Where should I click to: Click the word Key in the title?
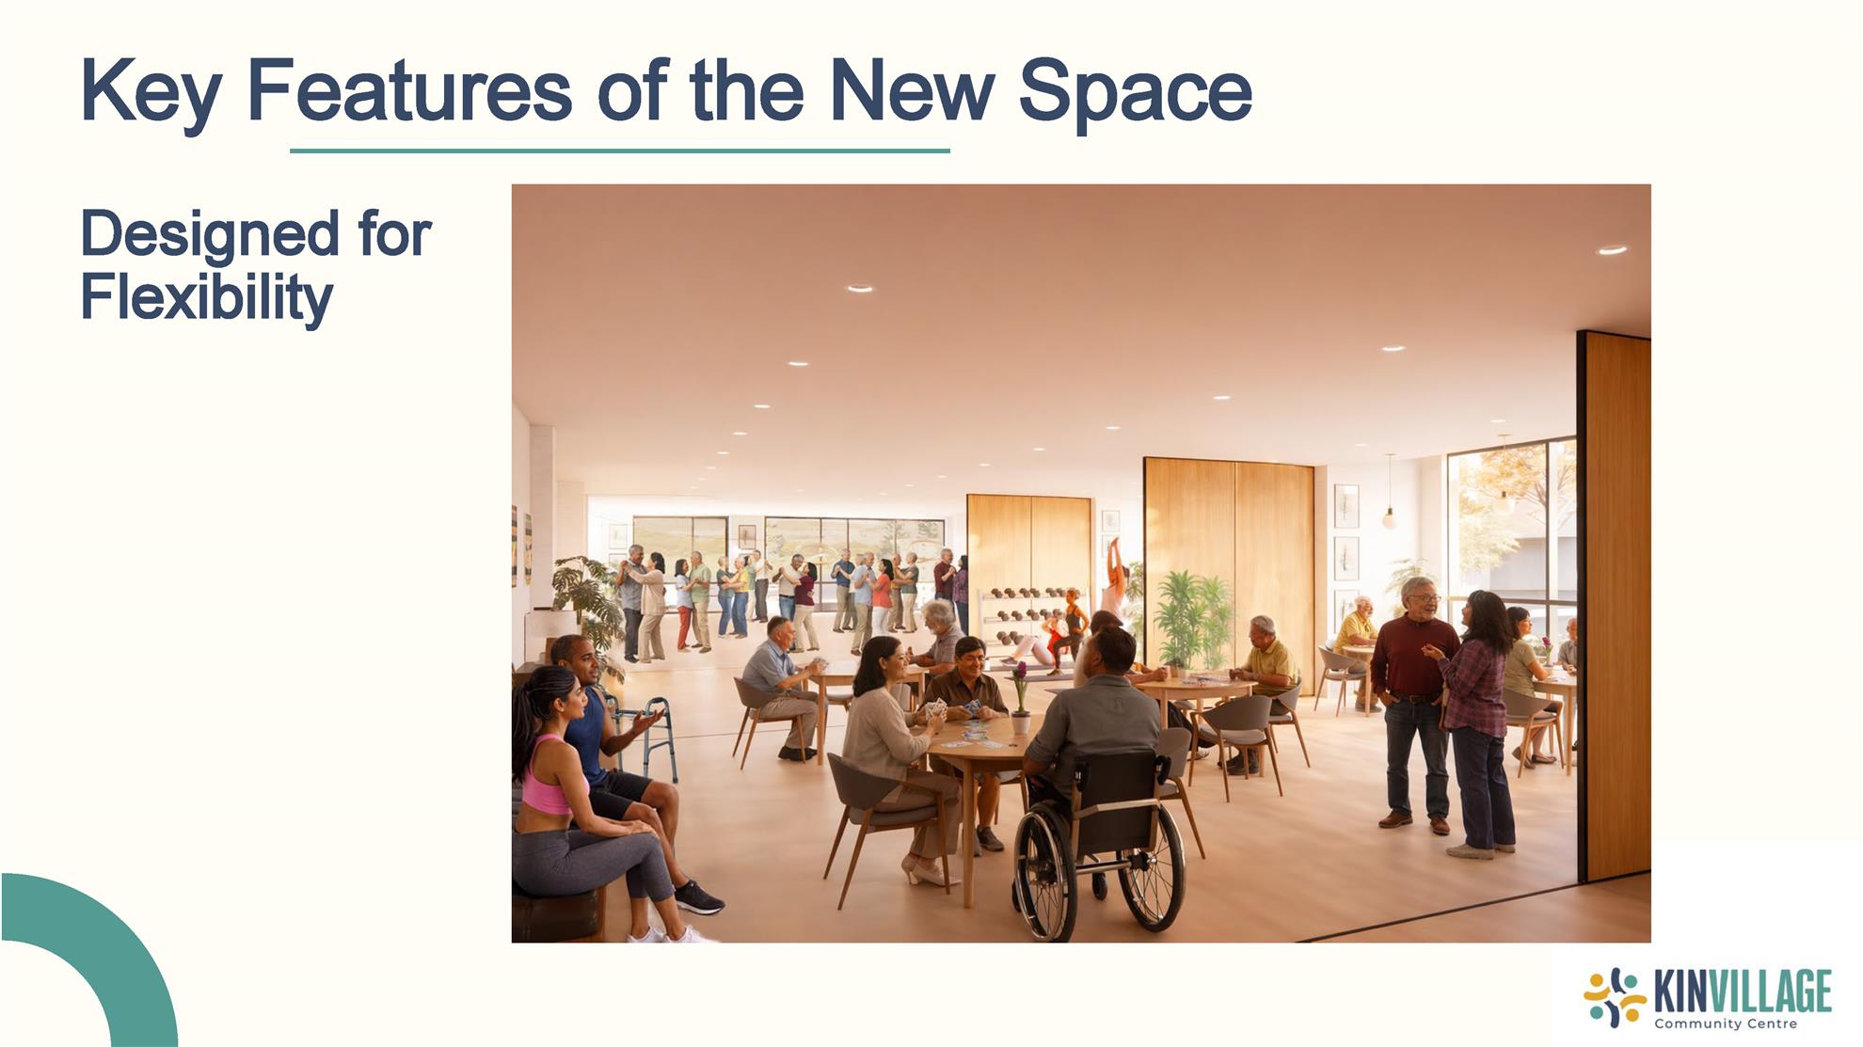click(x=151, y=92)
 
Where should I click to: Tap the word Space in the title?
click(x=1136, y=92)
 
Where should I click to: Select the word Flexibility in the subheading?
click(x=207, y=298)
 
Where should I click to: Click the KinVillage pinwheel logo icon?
click(x=1615, y=997)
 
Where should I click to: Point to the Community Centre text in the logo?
click(x=1726, y=1023)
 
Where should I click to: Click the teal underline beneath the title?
click(x=620, y=151)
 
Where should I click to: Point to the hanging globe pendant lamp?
click(x=1389, y=516)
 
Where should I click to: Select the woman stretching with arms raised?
click(x=1114, y=579)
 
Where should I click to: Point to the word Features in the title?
click(x=409, y=91)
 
